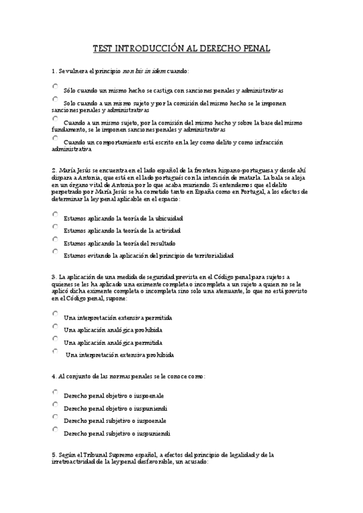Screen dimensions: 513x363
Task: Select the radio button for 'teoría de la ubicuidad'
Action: (x=55, y=214)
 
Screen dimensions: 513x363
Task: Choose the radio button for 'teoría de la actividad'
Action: (x=55, y=227)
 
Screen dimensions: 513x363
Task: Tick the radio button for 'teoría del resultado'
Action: (x=55, y=239)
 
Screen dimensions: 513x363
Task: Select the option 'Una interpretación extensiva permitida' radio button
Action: (x=55, y=313)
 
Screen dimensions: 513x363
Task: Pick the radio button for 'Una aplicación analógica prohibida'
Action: (x=55, y=326)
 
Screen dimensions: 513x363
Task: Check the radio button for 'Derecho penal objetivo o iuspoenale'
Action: (x=55, y=391)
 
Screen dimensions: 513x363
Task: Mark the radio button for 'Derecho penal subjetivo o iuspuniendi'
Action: (x=55, y=429)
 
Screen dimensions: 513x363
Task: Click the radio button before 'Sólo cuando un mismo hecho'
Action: (x=55, y=87)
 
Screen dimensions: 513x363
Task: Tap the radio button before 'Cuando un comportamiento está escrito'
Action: (x=55, y=138)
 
